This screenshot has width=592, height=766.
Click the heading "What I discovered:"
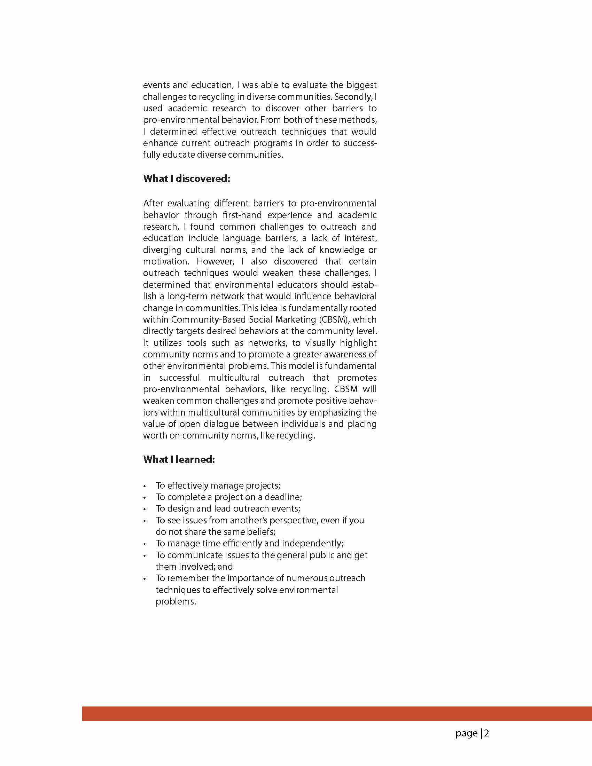click(187, 179)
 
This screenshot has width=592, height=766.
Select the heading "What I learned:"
click(179, 459)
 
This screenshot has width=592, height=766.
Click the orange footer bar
click(337, 714)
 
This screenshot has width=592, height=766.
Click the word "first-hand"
click(242, 215)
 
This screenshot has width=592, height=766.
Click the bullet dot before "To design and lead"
click(145, 509)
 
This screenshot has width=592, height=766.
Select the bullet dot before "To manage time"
click(145, 544)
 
